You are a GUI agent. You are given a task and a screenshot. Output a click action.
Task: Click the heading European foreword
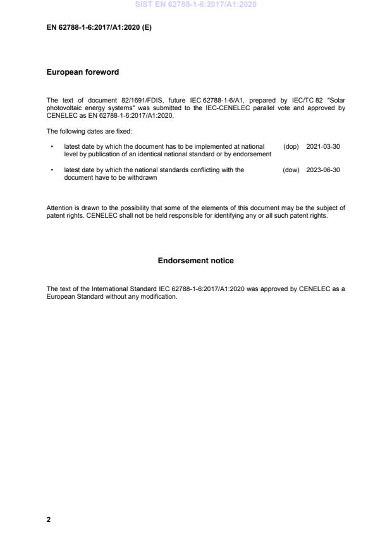pos(83,72)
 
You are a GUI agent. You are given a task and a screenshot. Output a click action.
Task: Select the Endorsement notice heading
pos(195,260)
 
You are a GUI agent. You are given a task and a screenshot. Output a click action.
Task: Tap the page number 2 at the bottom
pos(49,520)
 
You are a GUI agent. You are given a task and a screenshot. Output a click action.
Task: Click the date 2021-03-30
pos(323,146)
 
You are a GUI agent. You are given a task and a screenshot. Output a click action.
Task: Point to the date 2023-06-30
pos(323,170)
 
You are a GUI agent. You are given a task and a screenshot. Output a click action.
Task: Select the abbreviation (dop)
pos(291,146)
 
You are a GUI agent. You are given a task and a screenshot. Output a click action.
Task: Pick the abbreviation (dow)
pos(291,170)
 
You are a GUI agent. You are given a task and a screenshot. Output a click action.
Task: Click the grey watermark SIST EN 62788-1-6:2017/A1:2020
pos(196,5)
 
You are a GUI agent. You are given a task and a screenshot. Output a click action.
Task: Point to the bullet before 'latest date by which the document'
pos(51,146)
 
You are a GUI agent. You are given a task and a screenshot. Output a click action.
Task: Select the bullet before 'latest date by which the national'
pos(51,170)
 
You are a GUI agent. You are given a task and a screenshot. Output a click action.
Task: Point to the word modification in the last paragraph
pos(156,297)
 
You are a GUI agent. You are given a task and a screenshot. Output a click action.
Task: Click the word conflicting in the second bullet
pos(201,170)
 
